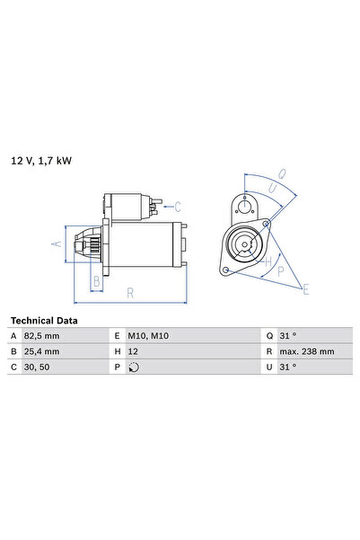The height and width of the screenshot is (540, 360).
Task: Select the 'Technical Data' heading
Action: point(43,320)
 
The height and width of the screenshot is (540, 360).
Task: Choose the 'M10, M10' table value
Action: point(148,335)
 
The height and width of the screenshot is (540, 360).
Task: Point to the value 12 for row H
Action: point(134,350)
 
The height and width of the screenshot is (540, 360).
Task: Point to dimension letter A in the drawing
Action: point(55,243)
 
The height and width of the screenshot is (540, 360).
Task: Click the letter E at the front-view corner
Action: point(305,288)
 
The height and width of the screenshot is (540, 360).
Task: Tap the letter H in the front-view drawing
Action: point(267,261)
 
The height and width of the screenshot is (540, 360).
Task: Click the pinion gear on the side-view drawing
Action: point(90,243)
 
